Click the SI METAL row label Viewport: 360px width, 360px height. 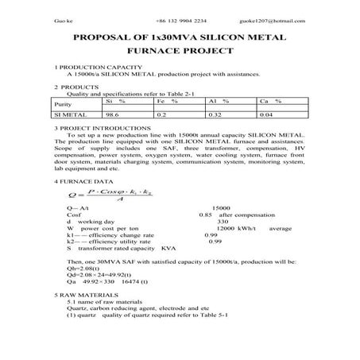(x=68, y=115)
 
